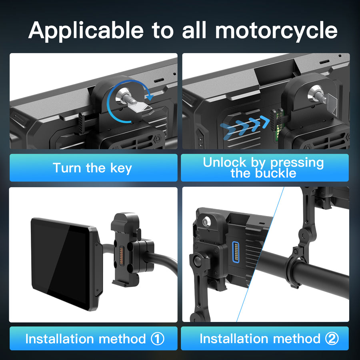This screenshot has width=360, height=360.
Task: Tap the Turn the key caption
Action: coord(92,168)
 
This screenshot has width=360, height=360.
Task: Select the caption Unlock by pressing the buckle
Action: coord(263,168)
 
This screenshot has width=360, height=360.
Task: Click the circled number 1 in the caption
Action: coord(158,339)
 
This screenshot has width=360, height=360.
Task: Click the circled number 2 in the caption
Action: coord(332,339)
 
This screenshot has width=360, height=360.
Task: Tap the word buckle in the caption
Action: coord(275,173)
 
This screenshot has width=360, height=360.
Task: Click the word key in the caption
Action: coord(121,168)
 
